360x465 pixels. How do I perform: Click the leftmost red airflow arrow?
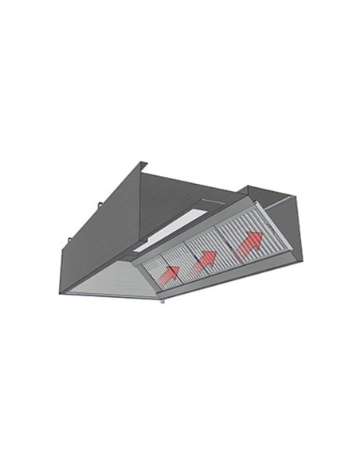click(x=168, y=273)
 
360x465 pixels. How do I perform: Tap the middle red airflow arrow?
click(x=205, y=259)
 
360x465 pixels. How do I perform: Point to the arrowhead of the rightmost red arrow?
click(x=256, y=236)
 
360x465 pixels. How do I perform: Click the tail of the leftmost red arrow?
click(x=162, y=278)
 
